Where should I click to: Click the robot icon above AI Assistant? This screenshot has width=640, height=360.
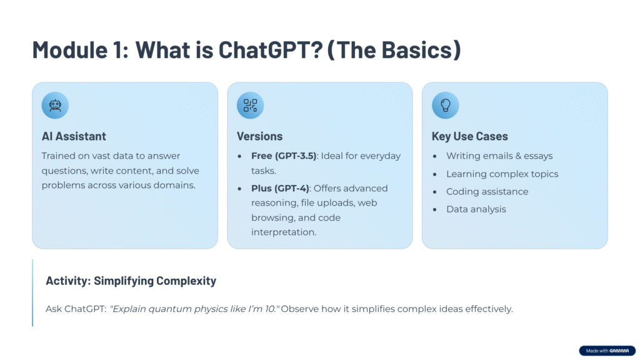pyautogui.click(x=55, y=105)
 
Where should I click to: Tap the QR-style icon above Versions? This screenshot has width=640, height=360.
pyautogui.click(x=250, y=105)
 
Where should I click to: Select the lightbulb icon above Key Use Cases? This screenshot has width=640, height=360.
pyautogui.click(x=445, y=105)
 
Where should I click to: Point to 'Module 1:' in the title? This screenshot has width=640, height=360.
pyautogui.click(x=81, y=50)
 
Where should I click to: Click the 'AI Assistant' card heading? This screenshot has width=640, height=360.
pyautogui.click(x=74, y=136)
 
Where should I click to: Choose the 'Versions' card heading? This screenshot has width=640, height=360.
pyautogui.click(x=259, y=136)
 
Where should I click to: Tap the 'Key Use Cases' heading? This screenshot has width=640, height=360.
pyautogui.click(x=470, y=136)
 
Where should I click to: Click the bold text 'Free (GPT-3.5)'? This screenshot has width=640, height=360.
pyautogui.click(x=284, y=156)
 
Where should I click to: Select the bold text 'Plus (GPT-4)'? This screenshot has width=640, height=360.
pyautogui.click(x=280, y=189)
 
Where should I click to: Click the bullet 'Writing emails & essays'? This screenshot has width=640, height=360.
pyautogui.click(x=499, y=156)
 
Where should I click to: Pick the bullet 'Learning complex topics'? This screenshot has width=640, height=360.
pyautogui.click(x=502, y=174)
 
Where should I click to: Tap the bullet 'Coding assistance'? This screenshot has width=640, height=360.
pyautogui.click(x=487, y=191)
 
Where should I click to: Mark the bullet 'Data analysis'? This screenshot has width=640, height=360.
pyautogui.click(x=476, y=209)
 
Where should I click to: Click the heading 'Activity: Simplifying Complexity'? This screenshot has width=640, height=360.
pyautogui.click(x=131, y=281)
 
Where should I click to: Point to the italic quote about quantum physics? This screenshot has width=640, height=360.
pyautogui.click(x=195, y=309)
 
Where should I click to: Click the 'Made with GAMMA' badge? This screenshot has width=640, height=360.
pyautogui.click(x=607, y=351)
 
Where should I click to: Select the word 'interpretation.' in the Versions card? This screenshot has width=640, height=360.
pyautogui.click(x=284, y=232)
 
